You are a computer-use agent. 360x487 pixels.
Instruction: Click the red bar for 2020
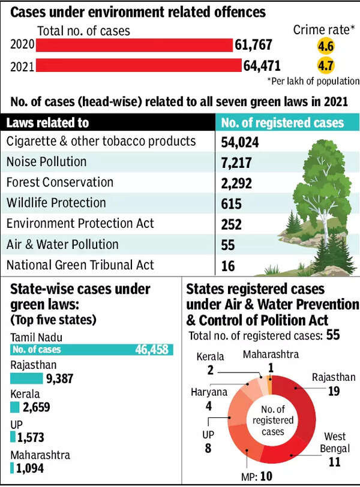(135, 45)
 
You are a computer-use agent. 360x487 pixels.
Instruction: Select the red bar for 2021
(139, 64)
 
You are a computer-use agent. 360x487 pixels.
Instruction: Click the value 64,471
(262, 64)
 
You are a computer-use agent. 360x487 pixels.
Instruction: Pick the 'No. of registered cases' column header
(283, 123)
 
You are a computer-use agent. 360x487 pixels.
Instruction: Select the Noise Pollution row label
(46, 161)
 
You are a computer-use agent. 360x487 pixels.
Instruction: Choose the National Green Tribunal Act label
(80, 264)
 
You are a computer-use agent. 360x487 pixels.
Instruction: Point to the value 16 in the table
(229, 266)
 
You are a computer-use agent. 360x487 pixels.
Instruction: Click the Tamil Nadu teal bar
(92, 350)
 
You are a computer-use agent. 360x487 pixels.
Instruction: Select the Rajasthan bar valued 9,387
(26, 378)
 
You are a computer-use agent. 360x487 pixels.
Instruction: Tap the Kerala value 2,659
(35, 407)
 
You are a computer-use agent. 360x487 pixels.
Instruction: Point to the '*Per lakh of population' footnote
(313, 80)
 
